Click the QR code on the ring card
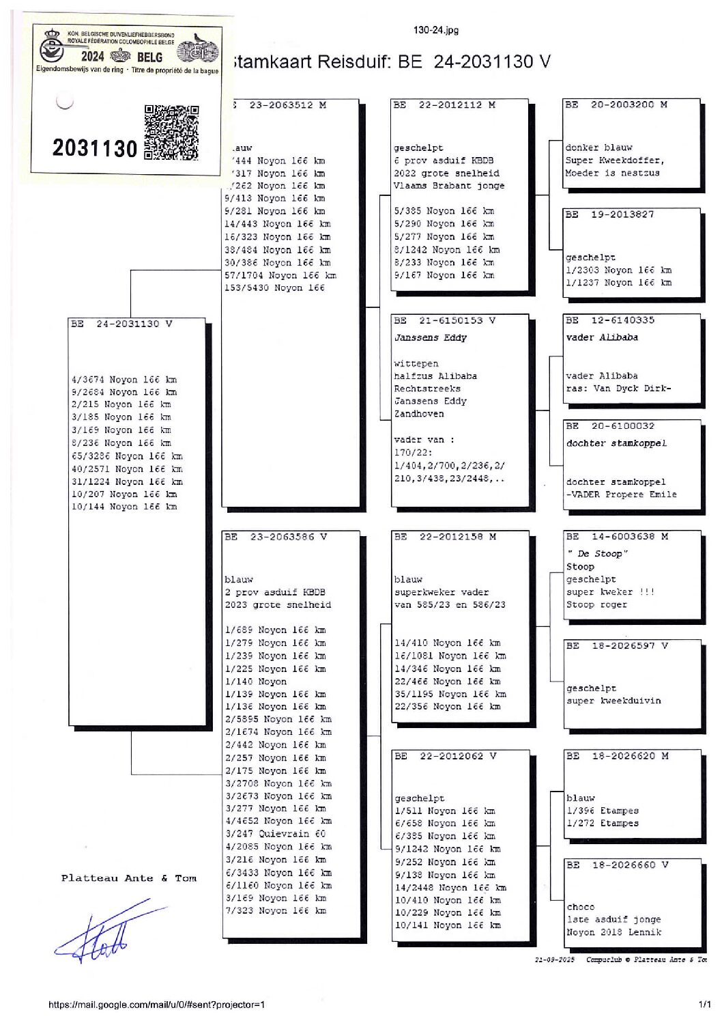point(171,132)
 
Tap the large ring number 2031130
point(95,148)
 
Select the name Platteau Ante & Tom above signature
point(128,878)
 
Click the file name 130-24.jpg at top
point(435,30)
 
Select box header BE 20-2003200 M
point(616,105)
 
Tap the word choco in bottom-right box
point(580,907)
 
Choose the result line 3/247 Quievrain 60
point(276,834)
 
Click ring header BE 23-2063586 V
point(276,537)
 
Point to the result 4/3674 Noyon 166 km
point(124,380)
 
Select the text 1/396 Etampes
point(603,811)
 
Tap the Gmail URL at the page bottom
point(156,1005)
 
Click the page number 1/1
point(704,1005)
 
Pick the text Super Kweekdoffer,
point(614,160)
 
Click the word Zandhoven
point(418,414)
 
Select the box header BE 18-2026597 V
point(617,645)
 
